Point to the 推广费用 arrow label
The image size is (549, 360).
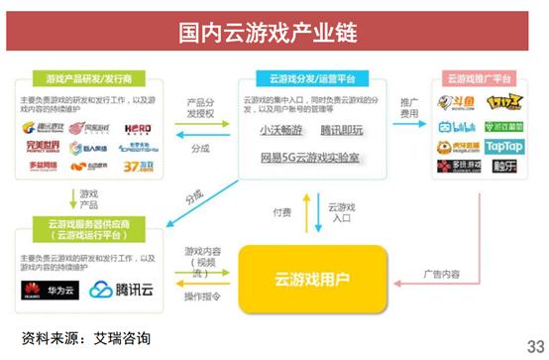(x=411, y=108)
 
